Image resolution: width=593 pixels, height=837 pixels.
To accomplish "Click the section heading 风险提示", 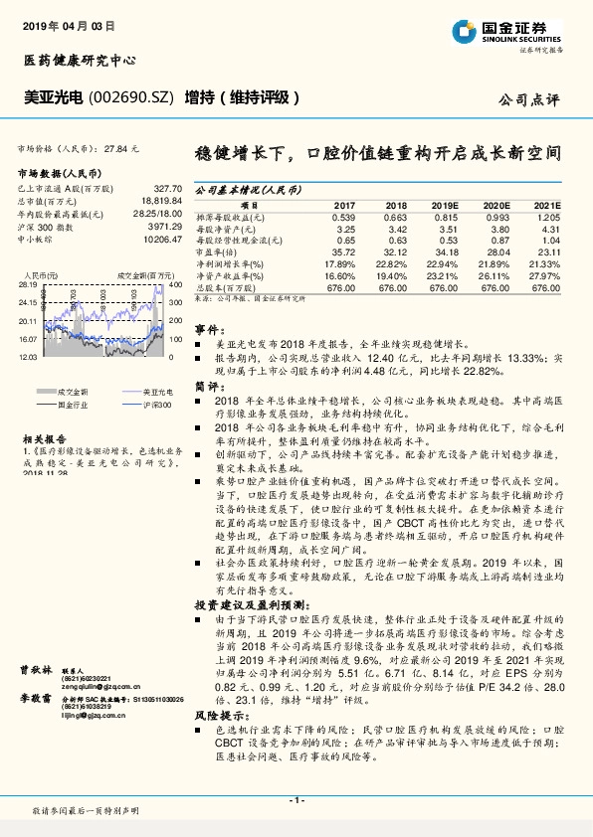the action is [x=215, y=715].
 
